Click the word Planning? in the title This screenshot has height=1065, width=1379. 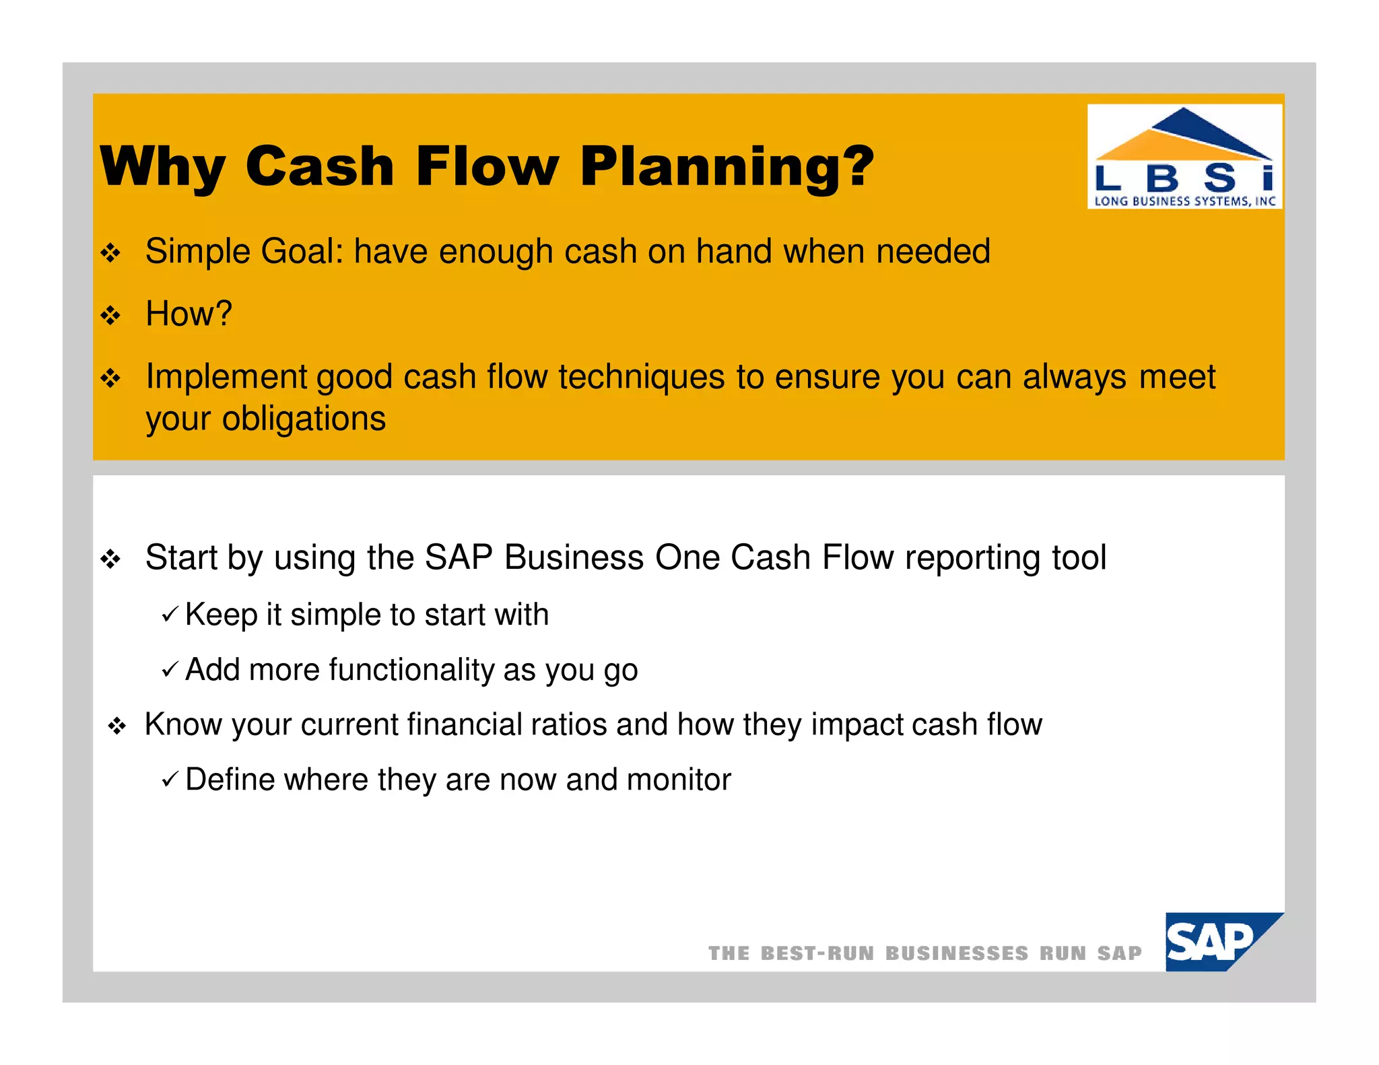coord(727,167)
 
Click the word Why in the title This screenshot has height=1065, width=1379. coord(162,167)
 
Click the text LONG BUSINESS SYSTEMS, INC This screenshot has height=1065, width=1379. coord(1184,201)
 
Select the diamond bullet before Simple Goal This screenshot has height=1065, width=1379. coord(110,253)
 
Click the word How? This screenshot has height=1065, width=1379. coord(189,314)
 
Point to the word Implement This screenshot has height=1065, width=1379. coord(226,377)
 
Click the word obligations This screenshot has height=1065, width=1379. coord(304,419)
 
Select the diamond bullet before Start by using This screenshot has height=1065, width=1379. coord(110,559)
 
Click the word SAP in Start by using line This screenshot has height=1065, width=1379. coord(458,557)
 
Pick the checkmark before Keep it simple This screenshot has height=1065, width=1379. coord(170,614)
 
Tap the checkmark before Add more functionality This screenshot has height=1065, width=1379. coord(170,669)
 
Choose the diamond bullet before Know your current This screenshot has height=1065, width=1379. coord(117,726)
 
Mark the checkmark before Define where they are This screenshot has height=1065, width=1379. coord(170,780)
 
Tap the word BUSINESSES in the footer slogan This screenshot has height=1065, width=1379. coord(956,953)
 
